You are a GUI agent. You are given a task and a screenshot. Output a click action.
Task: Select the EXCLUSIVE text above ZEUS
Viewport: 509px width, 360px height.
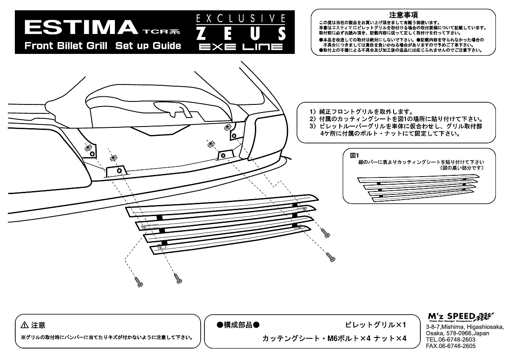pyautogui.click(x=241, y=18)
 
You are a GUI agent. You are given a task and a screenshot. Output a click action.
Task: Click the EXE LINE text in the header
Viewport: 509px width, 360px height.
pyautogui.click(x=241, y=46)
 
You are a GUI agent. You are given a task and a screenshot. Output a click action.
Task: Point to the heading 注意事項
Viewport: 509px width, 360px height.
pyautogui.click(x=403, y=14)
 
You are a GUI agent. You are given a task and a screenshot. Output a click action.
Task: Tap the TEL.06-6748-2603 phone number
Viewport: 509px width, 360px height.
pyautogui.click(x=450, y=340)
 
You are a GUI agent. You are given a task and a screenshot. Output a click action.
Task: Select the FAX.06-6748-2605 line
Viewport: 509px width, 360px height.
pyautogui.click(x=450, y=346)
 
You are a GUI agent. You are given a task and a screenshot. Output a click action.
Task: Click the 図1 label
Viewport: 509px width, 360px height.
pyautogui.click(x=355, y=155)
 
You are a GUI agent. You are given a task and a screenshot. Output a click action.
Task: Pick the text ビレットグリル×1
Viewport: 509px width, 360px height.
pyautogui.click(x=376, y=325)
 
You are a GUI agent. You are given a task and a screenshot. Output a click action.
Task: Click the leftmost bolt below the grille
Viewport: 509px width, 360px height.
pyautogui.click(x=139, y=281)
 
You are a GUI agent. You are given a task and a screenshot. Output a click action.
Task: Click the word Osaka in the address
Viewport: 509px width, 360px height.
pyautogui.click(x=434, y=334)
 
